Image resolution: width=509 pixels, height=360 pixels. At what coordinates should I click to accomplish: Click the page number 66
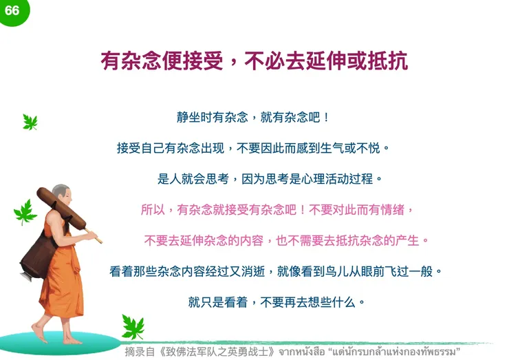[x=12, y=10]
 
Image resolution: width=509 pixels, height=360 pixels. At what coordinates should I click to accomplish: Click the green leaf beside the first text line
[x=30, y=122]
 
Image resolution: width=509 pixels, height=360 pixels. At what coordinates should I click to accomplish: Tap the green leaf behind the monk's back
[x=25, y=213]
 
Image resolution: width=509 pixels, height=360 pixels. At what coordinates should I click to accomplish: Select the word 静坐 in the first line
[x=186, y=118]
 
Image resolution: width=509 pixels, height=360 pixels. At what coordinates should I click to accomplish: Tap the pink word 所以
[x=152, y=209]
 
